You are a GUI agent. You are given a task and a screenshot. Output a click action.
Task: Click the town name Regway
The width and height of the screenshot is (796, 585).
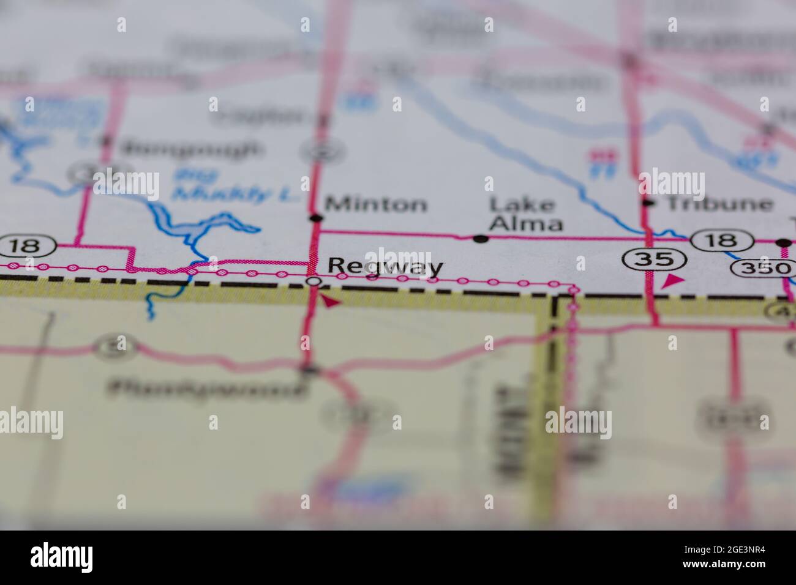pos(385,267)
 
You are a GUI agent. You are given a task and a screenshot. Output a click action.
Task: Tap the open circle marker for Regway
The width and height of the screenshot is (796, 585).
pos(314,281)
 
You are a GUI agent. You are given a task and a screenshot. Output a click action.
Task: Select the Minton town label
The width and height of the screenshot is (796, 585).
pos(376,204)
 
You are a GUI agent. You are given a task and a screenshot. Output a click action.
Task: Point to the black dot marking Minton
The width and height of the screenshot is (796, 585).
pos(316,218)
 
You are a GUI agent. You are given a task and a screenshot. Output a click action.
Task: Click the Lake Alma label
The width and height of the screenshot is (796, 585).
pos(525,214)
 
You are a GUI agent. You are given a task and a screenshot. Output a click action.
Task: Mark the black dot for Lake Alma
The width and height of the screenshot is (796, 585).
pos(481,239)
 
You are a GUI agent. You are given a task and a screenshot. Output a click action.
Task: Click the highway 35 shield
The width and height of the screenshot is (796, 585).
pos(655,259)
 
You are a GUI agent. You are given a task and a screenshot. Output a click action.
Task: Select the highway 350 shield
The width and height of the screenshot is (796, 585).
pos(764,268)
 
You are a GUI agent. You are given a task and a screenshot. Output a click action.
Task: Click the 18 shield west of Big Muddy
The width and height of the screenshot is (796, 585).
pos(28,247)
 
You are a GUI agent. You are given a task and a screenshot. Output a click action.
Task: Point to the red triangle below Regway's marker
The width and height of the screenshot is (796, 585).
pos(330,301)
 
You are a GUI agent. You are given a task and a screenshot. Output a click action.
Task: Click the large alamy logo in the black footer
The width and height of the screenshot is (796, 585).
pos(62,557)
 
